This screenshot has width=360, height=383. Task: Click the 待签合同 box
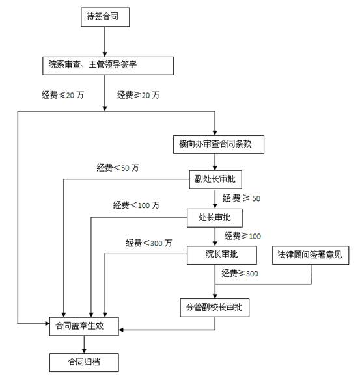click(x=105, y=17)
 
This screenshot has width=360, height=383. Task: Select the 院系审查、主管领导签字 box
click(x=108, y=66)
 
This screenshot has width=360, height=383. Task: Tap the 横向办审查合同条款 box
click(x=219, y=144)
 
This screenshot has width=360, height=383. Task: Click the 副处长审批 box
click(x=215, y=179)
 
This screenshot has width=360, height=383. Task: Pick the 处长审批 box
click(x=215, y=218)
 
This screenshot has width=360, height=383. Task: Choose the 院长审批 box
click(x=222, y=256)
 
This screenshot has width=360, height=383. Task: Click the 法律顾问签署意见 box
click(x=311, y=256)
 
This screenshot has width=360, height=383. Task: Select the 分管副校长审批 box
click(x=215, y=308)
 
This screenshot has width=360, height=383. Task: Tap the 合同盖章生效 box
click(x=84, y=326)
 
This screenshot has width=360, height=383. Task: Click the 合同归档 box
click(x=84, y=362)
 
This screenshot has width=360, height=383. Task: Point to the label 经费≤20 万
click(x=62, y=95)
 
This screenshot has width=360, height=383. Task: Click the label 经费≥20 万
click(x=138, y=95)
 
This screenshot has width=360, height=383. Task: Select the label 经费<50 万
click(x=118, y=168)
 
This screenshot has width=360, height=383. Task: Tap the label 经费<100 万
click(x=136, y=205)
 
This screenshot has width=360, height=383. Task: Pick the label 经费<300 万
click(x=149, y=243)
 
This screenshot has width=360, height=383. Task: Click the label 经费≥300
click(x=240, y=273)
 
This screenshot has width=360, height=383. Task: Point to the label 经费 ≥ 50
click(x=242, y=198)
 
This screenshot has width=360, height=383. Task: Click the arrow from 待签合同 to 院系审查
click(x=105, y=42)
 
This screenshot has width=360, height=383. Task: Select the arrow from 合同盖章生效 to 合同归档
click(x=84, y=345)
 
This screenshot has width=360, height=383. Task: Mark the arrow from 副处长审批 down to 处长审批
click(x=215, y=199)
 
